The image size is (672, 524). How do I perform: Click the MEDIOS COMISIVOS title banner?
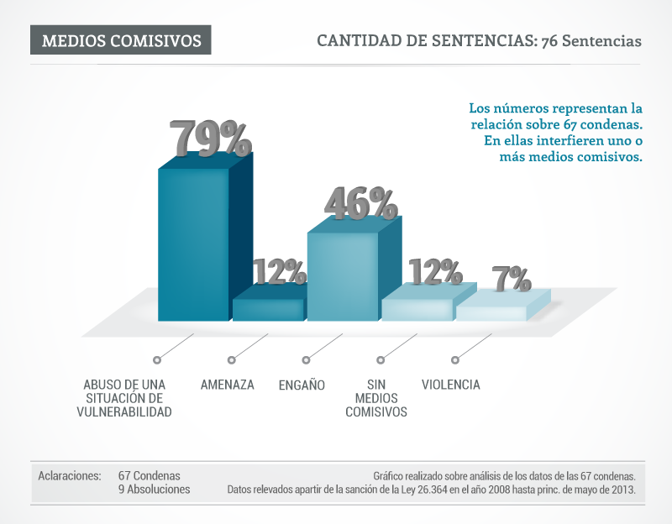click(x=121, y=40)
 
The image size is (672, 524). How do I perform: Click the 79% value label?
click(x=210, y=138)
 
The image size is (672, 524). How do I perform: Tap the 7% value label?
click(x=511, y=279)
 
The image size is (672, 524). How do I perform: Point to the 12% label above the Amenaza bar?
click(x=279, y=272)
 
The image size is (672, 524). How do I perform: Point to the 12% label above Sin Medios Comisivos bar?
click(x=435, y=272)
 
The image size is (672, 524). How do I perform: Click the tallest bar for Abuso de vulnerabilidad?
click(x=193, y=244)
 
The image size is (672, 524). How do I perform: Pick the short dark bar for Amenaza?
click(x=267, y=309)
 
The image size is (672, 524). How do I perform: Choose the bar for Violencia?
click(x=491, y=312)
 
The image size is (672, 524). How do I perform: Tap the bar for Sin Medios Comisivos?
click(x=417, y=309)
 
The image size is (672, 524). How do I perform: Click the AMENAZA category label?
click(x=227, y=385)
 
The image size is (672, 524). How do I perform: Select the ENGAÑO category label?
click(x=302, y=385)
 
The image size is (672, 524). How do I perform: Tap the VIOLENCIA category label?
click(x=450, y=385)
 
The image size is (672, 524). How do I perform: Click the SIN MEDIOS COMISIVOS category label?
click(x=376, y=398)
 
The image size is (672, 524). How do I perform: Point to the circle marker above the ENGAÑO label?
click(x=307, y=360)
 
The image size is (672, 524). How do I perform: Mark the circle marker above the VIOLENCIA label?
click(x=455, y=360)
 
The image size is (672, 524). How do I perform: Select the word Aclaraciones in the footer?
click(x=70, y=475)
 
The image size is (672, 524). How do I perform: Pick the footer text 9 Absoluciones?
click(x=154, y=489)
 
